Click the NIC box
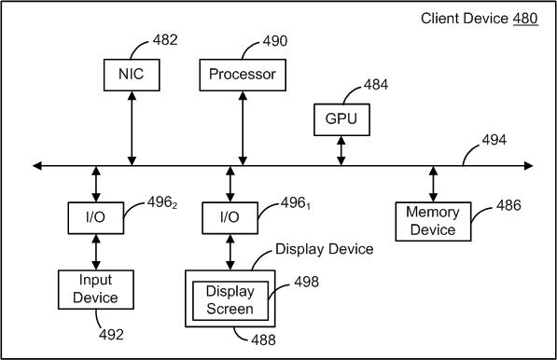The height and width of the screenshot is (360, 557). click(x=132, y=75)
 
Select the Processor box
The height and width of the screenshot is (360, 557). click(x=243, y=75)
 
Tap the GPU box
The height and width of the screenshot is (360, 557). click(x=341, y=119)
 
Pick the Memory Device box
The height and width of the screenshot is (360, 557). click(x=434, y=222)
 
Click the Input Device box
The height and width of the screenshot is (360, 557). click(x=96, y=290)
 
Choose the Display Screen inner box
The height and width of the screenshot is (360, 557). click(x=230, y=300)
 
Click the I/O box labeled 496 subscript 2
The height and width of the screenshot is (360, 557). click(x=96, y=218)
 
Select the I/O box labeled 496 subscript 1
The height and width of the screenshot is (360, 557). click(x=230, y=218)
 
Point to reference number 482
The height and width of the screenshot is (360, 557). click(x=165, y=40)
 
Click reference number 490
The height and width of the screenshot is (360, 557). click(x=275, y=41)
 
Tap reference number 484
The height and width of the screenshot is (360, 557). click(x=376, y=85)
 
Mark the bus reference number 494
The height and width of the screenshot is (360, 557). click(x=494, y=140)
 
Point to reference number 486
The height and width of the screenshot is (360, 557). click(x=508, y=205)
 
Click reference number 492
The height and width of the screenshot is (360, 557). click(x=111, y=335)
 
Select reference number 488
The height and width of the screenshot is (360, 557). click(x=263, y=339)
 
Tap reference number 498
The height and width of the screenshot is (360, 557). click(x=307, y=282)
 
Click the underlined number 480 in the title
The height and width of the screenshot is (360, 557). click(x=525, y=19)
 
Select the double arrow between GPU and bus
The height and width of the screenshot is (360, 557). click(x=341, y=151)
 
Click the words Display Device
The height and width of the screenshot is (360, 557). click(x=325, y=249)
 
